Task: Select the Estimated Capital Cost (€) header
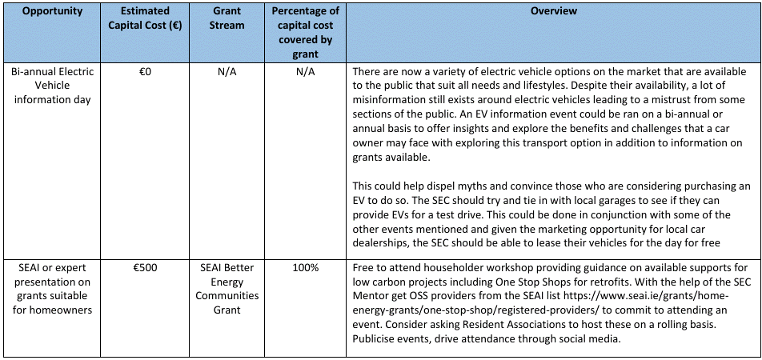coord(145,18)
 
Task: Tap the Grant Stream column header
coord(227,18)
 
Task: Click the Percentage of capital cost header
coord(305,33)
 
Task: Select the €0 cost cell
coord(145,72)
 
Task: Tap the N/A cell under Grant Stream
coord(227,72)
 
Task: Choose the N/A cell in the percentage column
coord(305,72)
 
